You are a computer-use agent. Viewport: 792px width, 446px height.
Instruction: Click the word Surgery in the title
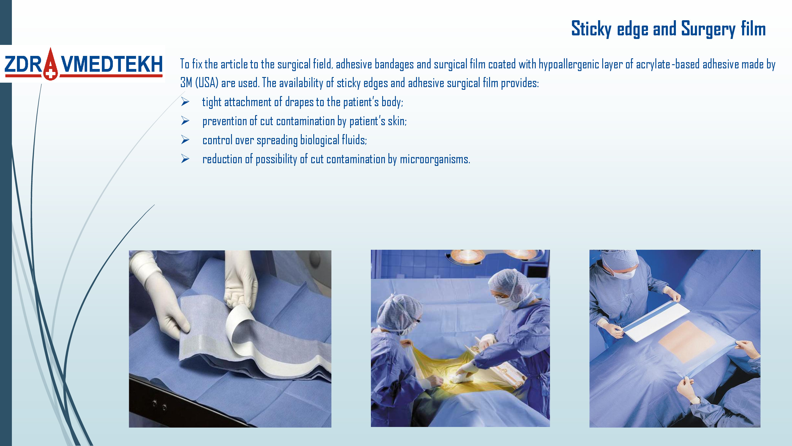[x=708, y=29]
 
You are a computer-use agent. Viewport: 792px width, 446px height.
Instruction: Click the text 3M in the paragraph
[x=186, y=83]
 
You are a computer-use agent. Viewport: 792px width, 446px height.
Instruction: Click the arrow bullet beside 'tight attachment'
[x=185, y=102]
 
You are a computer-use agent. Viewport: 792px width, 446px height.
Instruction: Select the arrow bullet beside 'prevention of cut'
[x=185, y=121]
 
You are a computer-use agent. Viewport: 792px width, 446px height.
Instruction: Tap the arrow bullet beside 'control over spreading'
[x=185, y=140]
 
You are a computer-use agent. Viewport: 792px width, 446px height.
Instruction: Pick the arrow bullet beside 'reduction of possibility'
[x=185, y=159]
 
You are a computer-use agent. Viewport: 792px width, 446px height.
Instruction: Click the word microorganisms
[x=435, y=159]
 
